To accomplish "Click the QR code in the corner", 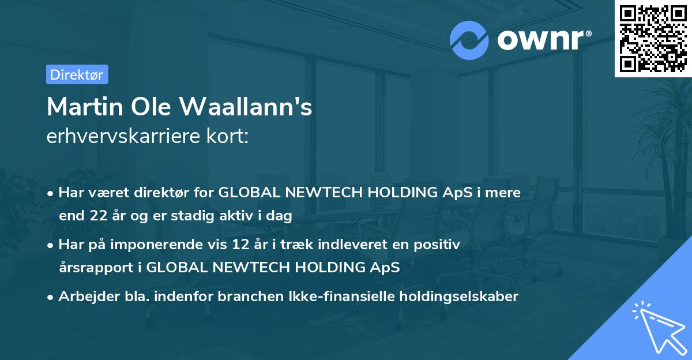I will coord(653,38).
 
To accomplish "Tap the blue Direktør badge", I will coord(77,74).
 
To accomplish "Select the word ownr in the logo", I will coord(543,40).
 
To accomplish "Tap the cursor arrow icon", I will coord(659,328).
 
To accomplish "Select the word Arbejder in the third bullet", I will coord(83,297).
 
